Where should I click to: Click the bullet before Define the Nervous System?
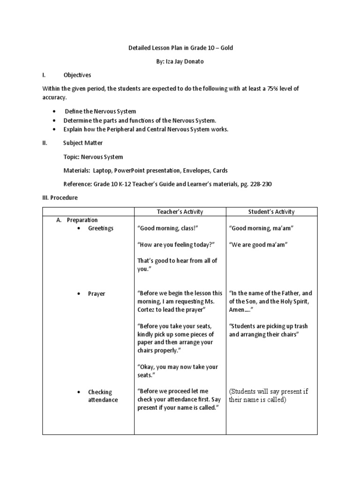54,112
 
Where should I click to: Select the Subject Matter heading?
82,143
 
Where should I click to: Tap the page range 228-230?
260,184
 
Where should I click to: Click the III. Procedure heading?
60,198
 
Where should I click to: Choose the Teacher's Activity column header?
180,212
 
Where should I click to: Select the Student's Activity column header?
271,212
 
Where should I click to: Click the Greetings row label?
100,228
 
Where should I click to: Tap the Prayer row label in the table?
97,294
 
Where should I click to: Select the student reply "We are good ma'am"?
258,245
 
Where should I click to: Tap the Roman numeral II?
45,143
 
